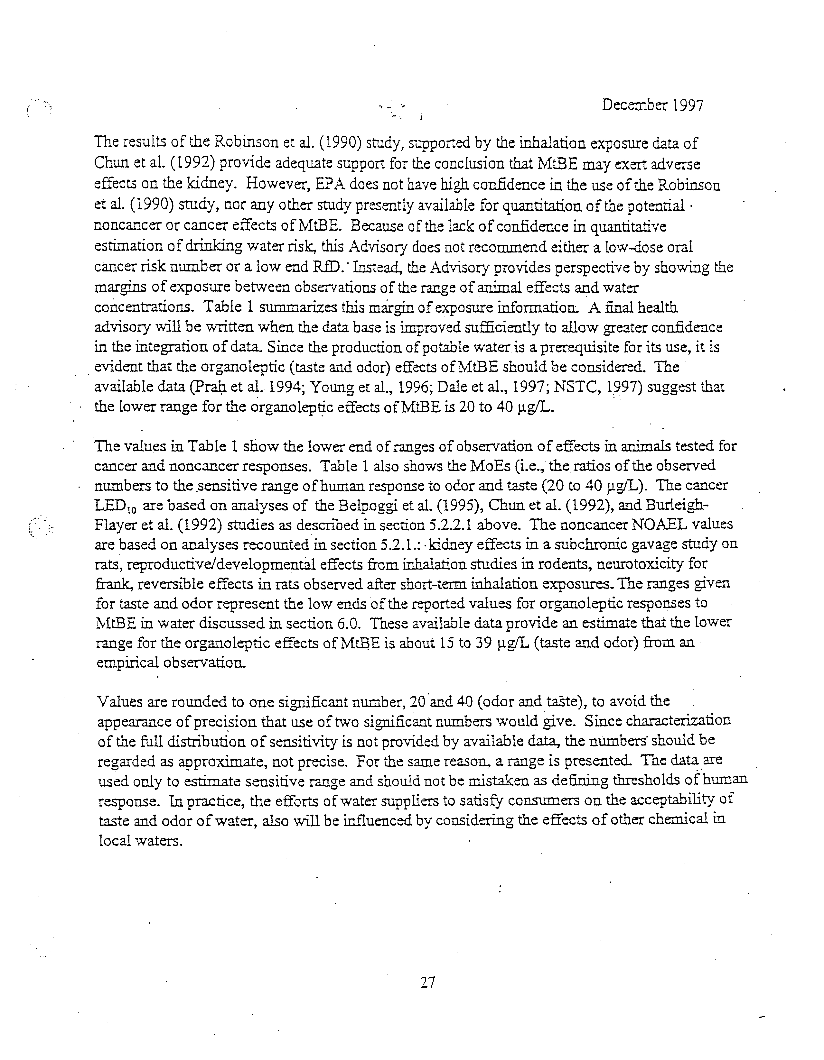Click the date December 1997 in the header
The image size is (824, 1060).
coord(652,105)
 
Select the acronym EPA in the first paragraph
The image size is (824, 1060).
coord(331,185)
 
